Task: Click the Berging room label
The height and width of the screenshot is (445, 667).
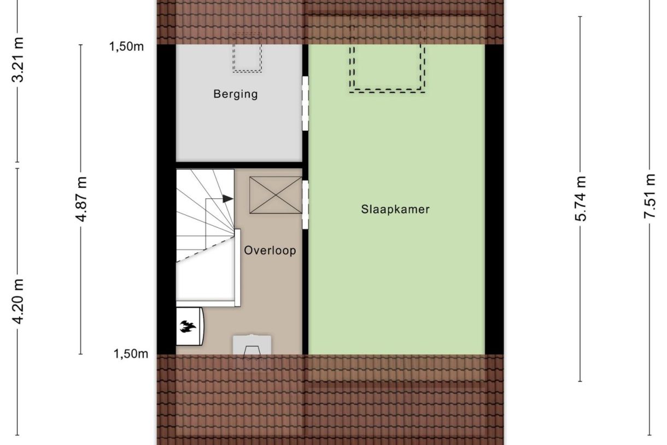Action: point(235,94)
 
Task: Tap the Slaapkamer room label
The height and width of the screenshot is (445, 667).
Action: point(395,209)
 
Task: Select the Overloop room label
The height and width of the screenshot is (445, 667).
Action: point(270,251)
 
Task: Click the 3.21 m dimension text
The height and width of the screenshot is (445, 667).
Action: point(18,60)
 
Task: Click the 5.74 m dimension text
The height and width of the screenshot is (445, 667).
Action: point(581,199)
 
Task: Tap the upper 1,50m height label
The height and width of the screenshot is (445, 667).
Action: point(127,47)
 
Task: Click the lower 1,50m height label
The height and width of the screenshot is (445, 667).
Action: point(130,354)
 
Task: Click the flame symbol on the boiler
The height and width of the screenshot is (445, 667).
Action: point(188,327)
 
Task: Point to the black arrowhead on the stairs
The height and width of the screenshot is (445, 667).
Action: point(228,199)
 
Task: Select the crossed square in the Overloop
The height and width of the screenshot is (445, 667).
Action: point(276,195)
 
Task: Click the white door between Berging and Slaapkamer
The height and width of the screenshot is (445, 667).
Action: point(305,103)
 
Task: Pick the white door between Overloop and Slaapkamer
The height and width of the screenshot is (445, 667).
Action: point(305,205)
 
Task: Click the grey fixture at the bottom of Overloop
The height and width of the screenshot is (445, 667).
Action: point(252,345)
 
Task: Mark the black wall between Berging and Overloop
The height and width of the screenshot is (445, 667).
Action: point(239,165)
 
